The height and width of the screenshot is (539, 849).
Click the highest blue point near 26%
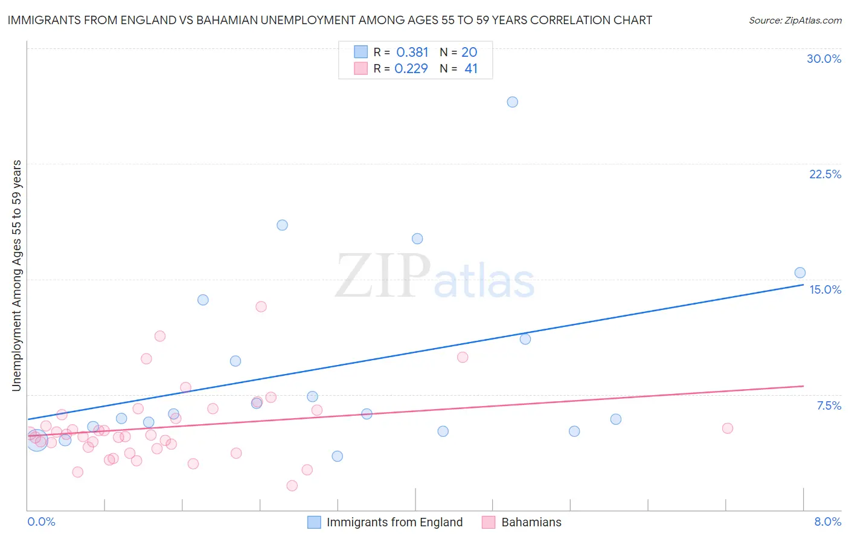coord(512,102)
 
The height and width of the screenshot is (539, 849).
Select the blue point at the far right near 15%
coord(799,273)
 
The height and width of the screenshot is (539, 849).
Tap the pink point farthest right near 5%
coord(727,428)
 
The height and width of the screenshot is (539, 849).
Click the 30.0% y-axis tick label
coord(824,59)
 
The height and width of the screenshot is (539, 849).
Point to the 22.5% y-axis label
coord(825,174)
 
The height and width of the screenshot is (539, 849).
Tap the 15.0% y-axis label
coord(825,289)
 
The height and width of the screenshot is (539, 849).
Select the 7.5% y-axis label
coord(828,405)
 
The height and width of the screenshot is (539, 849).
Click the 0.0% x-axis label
coord(41,521)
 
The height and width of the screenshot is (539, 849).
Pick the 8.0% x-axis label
coord(827,521)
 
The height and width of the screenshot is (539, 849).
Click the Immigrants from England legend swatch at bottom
coord(314,522)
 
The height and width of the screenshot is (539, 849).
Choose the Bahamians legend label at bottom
coord(531,522)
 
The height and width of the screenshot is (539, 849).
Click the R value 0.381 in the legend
coord(412,53)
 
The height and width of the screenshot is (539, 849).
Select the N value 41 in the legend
coord(471,69)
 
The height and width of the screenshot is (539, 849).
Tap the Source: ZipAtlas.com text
coord(795,21)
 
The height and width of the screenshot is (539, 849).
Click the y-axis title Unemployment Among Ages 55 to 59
coord(17,275)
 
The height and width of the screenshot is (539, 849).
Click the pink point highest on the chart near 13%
coord(261,306)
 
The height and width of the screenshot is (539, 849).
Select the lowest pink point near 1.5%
coord(292,485)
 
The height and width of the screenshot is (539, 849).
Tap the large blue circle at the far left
coord(37,441)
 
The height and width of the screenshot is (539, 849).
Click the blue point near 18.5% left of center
coord(282,225)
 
